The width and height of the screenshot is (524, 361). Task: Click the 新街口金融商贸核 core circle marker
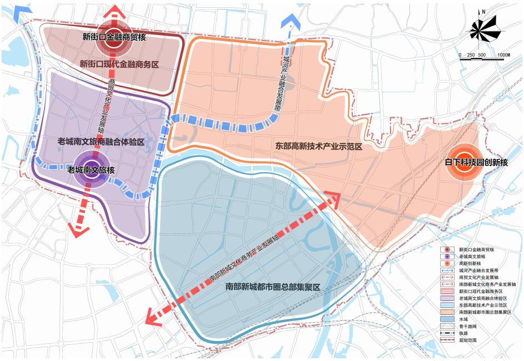click(x=114, y=37)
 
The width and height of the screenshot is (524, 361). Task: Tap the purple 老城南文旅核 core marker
click(x=91, y=170)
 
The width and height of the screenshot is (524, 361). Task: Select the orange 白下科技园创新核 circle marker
click(x=465, y=162)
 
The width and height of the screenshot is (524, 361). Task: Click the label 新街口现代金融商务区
click(x=119, y=63)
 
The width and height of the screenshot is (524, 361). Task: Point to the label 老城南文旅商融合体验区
click(x=101, y=142)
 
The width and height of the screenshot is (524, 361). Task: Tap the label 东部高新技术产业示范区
click(x=319, y=147)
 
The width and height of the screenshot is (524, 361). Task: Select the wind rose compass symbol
click(x=483, y=33)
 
